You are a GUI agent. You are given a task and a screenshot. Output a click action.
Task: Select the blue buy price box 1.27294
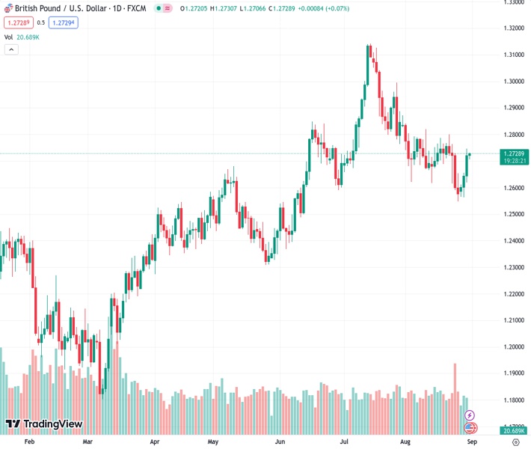(x=64, y=22)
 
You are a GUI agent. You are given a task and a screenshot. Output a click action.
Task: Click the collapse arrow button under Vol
(x=11, y=49)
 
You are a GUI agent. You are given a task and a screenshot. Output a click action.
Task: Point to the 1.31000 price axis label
(x=512, y=55)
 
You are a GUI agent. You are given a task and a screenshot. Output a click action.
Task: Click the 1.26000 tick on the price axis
(x=512, y=188)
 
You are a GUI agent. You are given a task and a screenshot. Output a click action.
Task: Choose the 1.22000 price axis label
(x=512, y=294)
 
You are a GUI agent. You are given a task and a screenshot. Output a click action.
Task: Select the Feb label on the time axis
(x=30, y=442)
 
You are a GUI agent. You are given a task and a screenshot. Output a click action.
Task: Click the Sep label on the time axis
(x=472, y=442)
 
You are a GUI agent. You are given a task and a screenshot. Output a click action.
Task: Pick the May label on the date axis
(x=212, y=442)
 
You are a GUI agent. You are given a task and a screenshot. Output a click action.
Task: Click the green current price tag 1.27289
(x=512, y=153)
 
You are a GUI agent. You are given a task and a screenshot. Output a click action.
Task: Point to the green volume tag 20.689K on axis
(x=512, y=431)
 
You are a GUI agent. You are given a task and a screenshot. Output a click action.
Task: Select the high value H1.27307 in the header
(x=224, y=8)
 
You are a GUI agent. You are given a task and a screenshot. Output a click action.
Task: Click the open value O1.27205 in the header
(x=193, y=8)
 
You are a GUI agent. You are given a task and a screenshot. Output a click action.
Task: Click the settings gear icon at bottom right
(x=515, y=442)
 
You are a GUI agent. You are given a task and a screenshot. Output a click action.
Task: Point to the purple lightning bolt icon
(x=470, y=415)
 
